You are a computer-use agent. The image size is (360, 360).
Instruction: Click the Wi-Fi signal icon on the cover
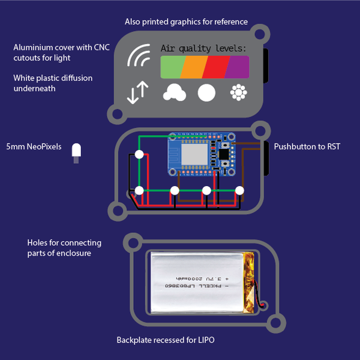(139, 56)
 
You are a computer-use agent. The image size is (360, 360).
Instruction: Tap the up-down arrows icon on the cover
(138, 92)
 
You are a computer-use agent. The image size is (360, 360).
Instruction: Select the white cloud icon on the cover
(174, 92)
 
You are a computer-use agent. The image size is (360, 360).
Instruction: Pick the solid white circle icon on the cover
(206, 92)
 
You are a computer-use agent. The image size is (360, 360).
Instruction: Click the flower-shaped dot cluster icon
(239, 92)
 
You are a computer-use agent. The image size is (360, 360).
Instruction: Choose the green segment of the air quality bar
(173, 66)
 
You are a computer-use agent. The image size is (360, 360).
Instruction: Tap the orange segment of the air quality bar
(194, 66)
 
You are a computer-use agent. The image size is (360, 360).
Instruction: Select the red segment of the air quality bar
(215, 66)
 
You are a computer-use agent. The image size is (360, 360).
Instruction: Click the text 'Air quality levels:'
(203, 47)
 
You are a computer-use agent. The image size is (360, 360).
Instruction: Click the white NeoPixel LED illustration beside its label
(76, 152)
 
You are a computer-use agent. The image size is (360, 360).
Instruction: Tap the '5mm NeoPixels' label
(34, 146)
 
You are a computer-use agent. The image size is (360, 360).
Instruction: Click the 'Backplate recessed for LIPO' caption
(166, 340)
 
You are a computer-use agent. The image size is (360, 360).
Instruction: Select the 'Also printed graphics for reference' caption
(186, 22)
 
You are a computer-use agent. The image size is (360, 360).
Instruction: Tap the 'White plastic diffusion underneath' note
(53, 83)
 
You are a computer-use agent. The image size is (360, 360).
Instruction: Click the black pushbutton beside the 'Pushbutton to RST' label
(265, 154)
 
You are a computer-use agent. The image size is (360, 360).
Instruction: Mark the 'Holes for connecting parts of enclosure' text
(64, 247)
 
